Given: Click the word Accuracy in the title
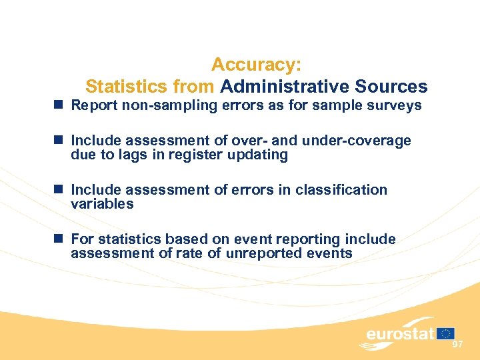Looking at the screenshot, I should (x=256, y=65).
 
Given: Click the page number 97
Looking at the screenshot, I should (x=457, y=344).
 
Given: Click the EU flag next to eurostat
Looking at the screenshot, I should (x=446, y=333).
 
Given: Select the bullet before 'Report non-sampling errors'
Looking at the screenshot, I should (x=60, y=105).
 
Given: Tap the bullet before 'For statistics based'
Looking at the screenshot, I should (x=60, y=239).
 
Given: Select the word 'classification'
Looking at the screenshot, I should (x=340, y=190).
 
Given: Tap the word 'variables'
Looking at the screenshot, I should (x=102, y=204).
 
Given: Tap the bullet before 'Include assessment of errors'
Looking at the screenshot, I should (x=60, y=189).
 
